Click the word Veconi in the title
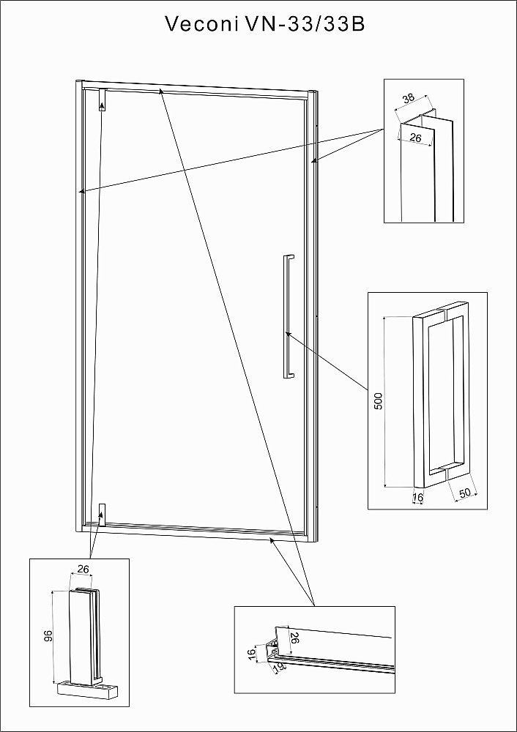201,24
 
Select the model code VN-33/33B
304,24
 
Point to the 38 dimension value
408,99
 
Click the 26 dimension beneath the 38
414,138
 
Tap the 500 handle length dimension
379,401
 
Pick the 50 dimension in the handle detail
465,493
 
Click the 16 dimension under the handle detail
418,498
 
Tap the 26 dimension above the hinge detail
83,569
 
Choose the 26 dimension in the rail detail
294,638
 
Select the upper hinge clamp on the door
103,100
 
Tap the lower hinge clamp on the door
103,514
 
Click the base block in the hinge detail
87,690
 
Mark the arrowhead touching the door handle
288,335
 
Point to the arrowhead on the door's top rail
161,91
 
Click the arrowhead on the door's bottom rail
271,540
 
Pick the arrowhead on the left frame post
82,190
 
